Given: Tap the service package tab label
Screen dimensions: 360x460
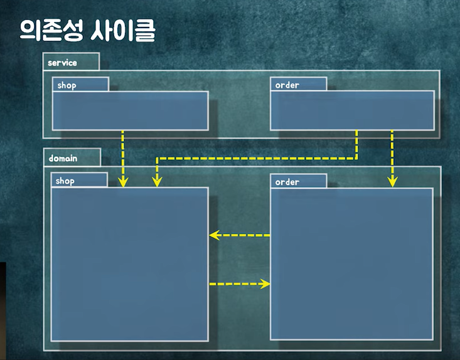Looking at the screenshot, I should click(x=63, y=63).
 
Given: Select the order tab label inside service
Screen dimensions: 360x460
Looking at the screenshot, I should click(x=287, y=85).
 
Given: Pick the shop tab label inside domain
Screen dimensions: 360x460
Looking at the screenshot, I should click(x=65, y=181).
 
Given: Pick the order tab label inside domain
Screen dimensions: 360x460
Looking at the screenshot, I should click(x=287, y=182).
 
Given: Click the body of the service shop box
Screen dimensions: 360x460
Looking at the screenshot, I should click(x=130, y=111).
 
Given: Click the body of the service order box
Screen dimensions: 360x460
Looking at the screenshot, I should click(x=352, y=110).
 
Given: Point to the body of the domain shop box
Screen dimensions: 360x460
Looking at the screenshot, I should click(x=129, y=263).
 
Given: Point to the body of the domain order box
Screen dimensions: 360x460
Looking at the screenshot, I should click(x=351, y=263).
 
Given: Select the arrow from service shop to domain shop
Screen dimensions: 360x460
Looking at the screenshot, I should click(x=123, y=157).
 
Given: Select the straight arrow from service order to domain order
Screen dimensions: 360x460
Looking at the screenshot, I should click(x=392, y=157).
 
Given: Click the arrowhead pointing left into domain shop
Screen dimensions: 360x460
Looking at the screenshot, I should click(x=214, y=236).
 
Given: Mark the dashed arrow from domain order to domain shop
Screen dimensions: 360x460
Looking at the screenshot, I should click(x=242, y=236).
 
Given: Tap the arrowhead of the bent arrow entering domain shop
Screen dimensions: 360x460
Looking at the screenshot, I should click(x=157, y=182).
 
